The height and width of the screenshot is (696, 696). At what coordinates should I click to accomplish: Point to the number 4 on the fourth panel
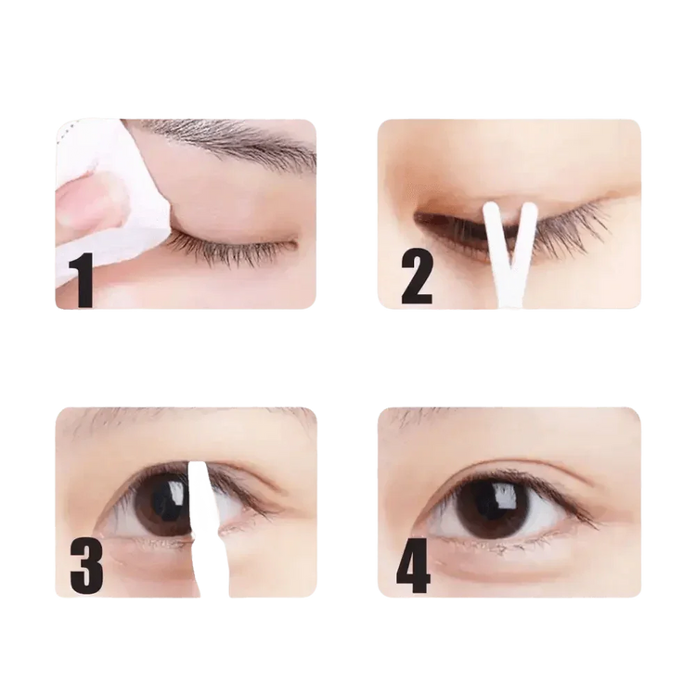coord(413,566)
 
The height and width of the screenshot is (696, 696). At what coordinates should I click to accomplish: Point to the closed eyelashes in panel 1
coord(232,247)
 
